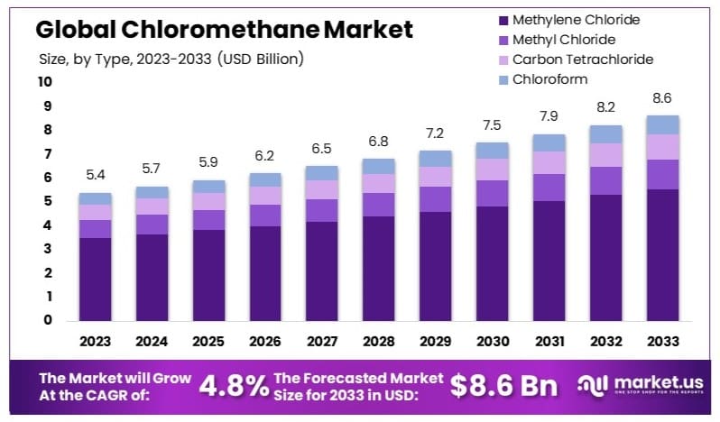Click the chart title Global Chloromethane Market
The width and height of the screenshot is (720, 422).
click(x=224, y=30)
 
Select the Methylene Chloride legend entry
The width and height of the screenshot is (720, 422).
click(x=576, y=19)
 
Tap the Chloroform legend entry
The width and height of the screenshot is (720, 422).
click(x=550, y=79)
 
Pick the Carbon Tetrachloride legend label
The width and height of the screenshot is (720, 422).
click(x=582, y=60)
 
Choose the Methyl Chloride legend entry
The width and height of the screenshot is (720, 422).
click(x=563, y=40)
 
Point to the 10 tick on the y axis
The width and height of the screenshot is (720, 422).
click(x=44, y=82)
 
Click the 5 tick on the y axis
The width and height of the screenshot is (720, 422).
click(x=44, y=202)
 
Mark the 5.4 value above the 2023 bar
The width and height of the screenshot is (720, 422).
click(x=96, y=174)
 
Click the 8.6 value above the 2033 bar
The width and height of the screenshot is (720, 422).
click(x=663, y=97)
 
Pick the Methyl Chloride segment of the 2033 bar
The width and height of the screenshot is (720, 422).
click(x=663, y=174)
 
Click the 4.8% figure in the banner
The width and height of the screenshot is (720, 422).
click(x=232, y=386)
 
